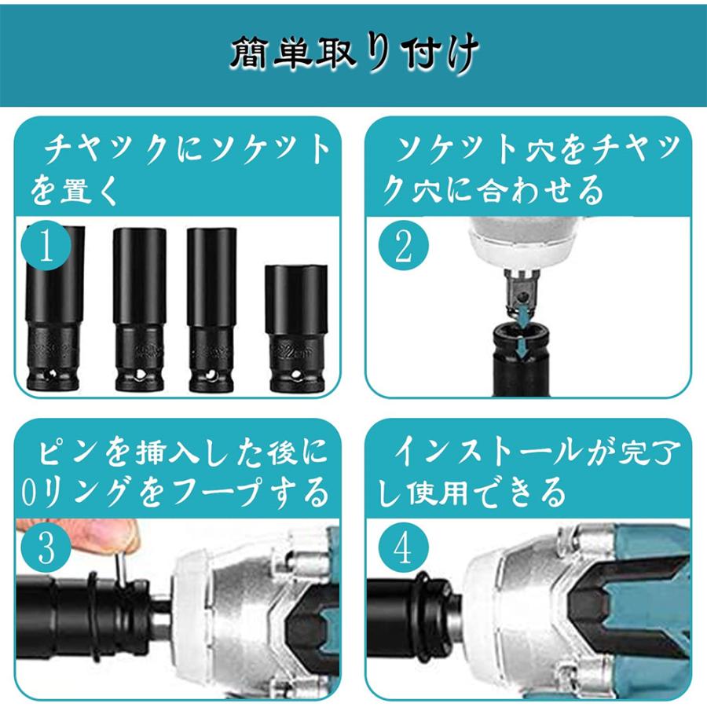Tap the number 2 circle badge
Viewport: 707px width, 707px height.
[401, 247]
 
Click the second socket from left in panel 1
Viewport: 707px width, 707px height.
[139, 310]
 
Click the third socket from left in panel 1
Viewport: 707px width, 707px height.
[212, 310]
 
